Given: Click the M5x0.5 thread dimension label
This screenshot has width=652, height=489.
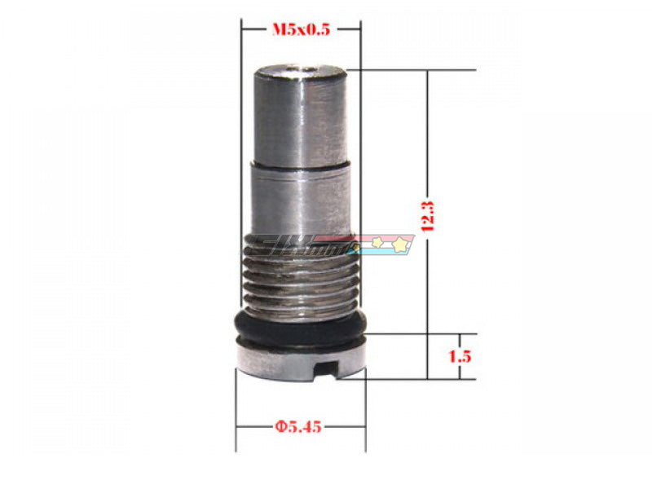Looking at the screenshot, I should pos(301,30).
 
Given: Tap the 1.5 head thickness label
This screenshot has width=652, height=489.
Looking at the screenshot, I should pos(460,356).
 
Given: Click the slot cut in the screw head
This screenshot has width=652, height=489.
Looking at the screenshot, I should pos(339,373).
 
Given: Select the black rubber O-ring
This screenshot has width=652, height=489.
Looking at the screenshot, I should pos(300,328).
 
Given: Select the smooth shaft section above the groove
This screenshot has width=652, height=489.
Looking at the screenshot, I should pos(300,122).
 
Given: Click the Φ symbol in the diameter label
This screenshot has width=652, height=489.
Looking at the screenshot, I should pos(279,425).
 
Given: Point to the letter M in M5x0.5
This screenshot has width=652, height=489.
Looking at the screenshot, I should pos(276,30).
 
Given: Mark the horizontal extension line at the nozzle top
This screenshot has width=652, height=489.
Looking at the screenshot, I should pos(407,69).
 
